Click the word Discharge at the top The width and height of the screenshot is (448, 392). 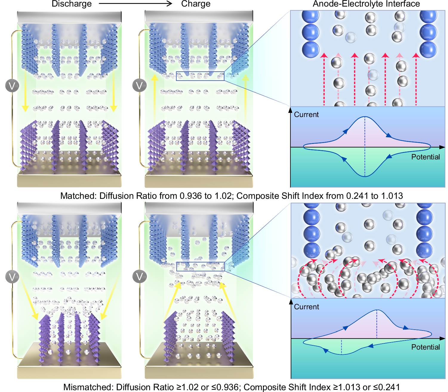pos(72,4)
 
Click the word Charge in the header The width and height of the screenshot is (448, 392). pos(195,4)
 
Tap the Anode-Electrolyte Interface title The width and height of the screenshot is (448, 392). pos(366,4)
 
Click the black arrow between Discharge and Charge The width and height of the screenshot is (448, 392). pos(136,4)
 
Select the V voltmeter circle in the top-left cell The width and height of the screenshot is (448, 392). pos(12,86)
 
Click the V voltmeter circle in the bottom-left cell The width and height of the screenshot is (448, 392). pos(12,277)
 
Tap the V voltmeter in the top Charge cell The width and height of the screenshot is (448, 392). pos(139,86)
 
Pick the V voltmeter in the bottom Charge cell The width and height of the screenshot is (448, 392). pos(139,277)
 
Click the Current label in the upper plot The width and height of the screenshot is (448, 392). pos(306,115)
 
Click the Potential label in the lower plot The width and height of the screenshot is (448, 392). pos(425,347)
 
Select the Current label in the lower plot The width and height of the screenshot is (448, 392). pos(306,307)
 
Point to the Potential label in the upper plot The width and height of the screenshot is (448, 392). pos(425,157)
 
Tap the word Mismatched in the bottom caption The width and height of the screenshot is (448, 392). pos(88,387)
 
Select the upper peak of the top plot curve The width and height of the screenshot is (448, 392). pos(365,117)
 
